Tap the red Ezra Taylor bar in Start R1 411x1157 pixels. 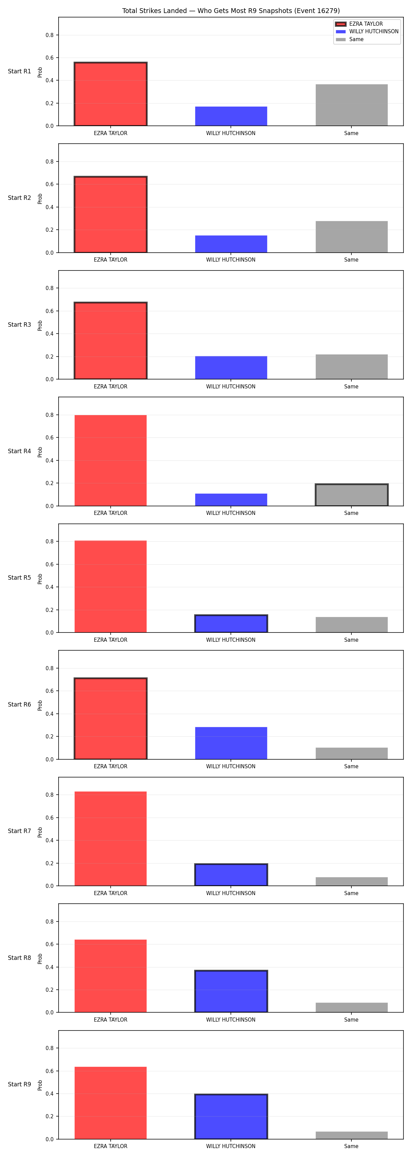[110, 94]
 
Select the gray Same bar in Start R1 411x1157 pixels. [351, 105]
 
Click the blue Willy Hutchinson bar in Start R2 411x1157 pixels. [231, 244]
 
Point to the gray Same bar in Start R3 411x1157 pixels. [351, 366]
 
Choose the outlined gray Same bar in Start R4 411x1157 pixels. [351, 495]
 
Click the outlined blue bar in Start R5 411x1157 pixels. [231, 624]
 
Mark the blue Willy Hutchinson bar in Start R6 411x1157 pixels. [231, 743]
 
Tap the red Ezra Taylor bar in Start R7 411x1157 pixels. [110, 839]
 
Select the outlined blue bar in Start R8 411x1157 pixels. [231, 991]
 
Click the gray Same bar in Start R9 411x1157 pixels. [351, 1135]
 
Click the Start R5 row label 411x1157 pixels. [19, 578]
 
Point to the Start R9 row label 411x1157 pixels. [19, 1084]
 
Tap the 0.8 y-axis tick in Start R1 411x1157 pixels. [49, 35]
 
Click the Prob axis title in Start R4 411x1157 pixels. [40, 452]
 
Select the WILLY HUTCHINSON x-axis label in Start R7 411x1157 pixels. [231, 893]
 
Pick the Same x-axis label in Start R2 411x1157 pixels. [351, 260]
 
